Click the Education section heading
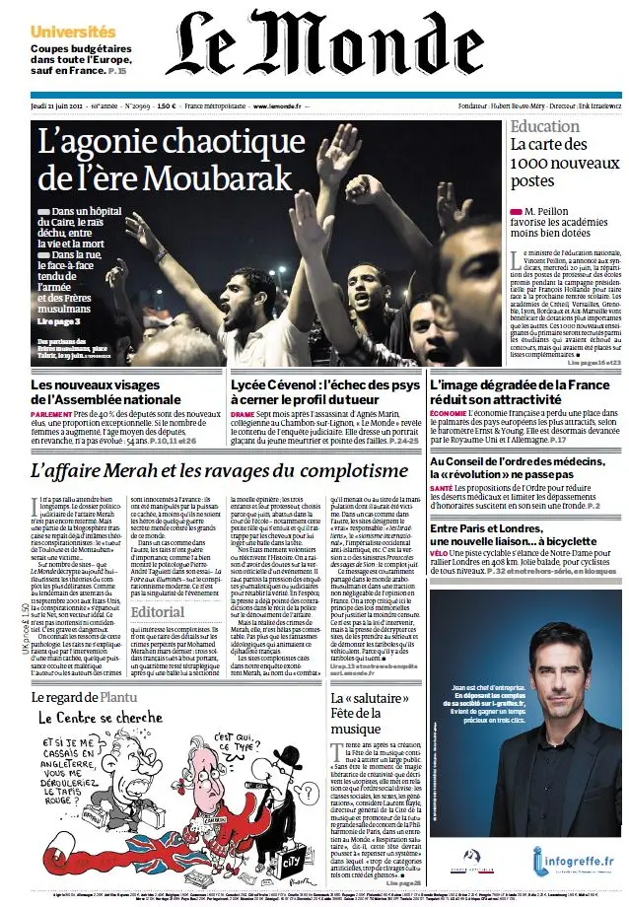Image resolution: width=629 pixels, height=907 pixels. [544, 127]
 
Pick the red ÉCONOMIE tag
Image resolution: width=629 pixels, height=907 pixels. [450, 416]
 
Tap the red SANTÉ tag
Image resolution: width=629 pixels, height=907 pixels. [441, 488]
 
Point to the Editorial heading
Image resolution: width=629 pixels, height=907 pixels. [156, 611]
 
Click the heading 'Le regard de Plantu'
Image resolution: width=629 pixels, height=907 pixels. [80, 699]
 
